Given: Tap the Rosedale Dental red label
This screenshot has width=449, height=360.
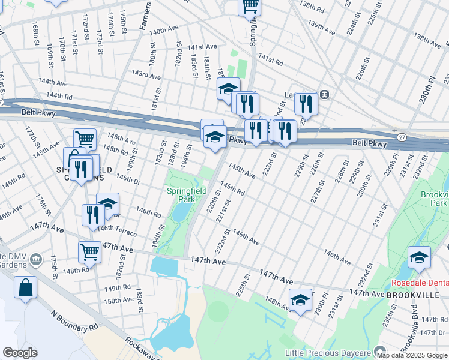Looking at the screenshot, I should pyautogui.click(x=418, y=283).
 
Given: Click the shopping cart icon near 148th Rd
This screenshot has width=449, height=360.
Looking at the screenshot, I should pyautogui.click(x=89, y=252).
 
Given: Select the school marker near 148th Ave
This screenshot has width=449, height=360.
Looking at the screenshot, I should pyautogui.click(x=300, y=300).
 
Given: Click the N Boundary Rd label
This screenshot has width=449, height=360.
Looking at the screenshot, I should pyautogui.click(x=75, y=321).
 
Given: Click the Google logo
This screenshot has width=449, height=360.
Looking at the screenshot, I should pyautogui.click(x=20, y=353).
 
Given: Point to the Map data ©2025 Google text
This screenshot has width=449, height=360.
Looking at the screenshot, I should pyautogui.click(x=412, y=355).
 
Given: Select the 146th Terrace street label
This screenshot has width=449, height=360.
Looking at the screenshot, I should pyautogui.click(x=118, y=231).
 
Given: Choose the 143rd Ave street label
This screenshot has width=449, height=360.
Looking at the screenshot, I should pyautogui.click(x=146, y=75).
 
